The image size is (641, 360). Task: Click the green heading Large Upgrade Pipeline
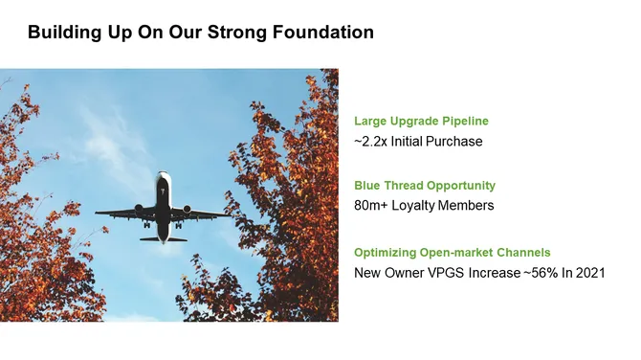[x=421, y=122]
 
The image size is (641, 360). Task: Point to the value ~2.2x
[x=373, y=142]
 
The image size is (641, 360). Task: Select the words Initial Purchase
[x=440, y=142]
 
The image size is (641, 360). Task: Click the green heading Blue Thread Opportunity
[x=425, y=185]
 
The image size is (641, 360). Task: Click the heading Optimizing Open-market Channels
[x=453, y=253]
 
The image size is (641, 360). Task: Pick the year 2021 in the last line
[x=588, y=273]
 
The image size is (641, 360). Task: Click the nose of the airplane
[x=165, y=175]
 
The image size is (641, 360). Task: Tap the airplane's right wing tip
[x=232, y=214]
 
